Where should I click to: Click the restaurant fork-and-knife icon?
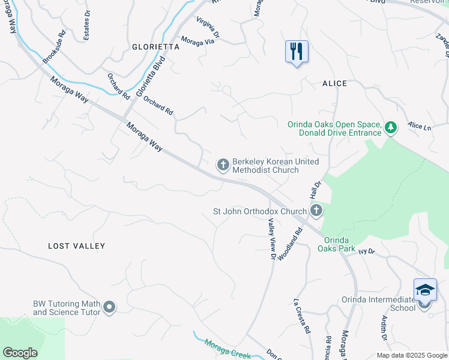297,52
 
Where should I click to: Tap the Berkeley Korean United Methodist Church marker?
223,164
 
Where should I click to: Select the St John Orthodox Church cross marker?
316,210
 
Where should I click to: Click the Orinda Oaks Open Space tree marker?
391,127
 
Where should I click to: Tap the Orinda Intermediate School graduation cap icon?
425,290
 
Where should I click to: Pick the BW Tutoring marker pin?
109,308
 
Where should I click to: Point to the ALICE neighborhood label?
334,83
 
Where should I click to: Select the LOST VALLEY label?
76,246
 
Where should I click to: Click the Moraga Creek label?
228,349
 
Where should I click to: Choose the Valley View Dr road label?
271,239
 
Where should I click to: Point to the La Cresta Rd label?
302,316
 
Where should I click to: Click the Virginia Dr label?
208,26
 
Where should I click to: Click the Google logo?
20,353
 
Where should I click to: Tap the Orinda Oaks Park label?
337,244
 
